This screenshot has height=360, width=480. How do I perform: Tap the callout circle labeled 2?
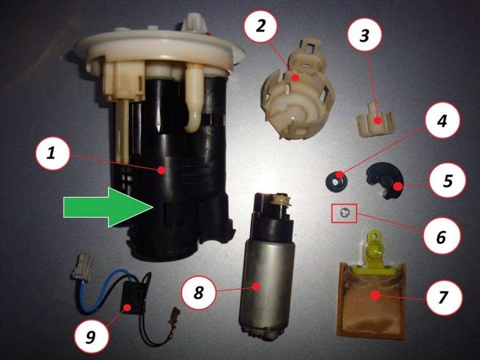click(260, 27)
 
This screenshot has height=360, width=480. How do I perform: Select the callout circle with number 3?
click(365, 36)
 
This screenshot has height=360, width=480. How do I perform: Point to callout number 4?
click(442, 121)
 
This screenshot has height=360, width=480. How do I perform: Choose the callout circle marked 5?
click(447, 181)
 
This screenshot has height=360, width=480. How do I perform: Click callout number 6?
click(441, 236)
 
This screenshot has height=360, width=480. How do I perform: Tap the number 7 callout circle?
click(444, 297)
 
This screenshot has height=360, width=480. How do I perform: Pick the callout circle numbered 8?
click(199, 293)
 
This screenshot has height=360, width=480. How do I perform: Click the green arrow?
click(108, 207)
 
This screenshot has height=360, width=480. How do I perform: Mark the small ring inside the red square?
click(344, 213)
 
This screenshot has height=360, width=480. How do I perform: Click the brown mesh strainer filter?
click(371, 300)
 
